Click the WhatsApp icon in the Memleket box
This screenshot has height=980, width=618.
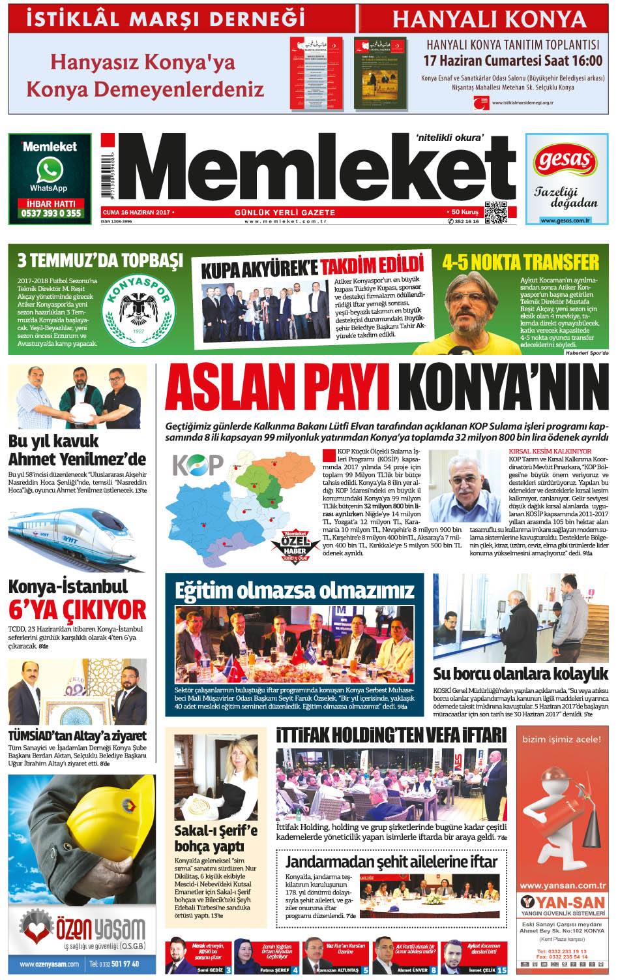(50, 170)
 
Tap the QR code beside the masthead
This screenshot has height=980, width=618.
(495, 213)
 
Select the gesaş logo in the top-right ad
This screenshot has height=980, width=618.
(566, 161)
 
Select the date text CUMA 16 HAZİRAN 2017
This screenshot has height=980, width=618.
(136, 213)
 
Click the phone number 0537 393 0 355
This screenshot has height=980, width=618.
(51, 213)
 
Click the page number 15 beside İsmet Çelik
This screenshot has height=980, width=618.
(502, 970)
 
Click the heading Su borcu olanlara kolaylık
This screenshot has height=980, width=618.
(520, 674)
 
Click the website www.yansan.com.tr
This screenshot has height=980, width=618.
(563, 885)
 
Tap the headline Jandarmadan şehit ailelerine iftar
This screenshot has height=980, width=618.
(391, 862)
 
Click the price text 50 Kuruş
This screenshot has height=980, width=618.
(464, 213)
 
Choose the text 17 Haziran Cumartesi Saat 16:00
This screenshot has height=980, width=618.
(512, 61)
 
